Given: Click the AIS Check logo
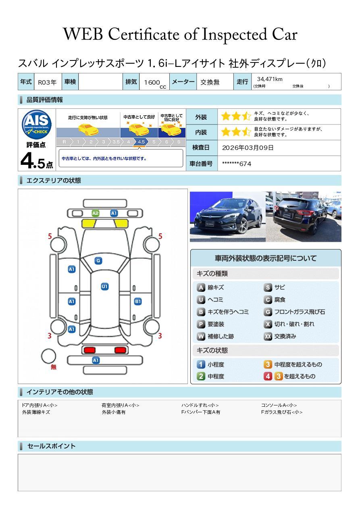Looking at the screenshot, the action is [x=37, y=125].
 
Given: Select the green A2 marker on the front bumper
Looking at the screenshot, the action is [x=96, y=213].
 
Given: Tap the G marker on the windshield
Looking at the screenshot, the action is [x=98, y=261].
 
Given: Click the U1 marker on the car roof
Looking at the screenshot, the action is [x=104, y=287].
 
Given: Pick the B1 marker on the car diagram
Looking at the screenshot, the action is [x=138, y=301].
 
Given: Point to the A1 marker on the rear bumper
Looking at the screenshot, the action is [x=96, y=360].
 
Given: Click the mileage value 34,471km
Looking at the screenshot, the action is [x=270, y=79].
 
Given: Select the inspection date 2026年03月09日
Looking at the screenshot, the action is [x=248, y=148].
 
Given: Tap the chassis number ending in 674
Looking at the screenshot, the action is [x=237, y=164].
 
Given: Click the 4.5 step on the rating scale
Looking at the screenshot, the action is [x=141, y=142].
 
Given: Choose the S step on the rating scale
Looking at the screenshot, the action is [x=179, y=142].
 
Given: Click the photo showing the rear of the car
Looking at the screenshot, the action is [x=304, y=217].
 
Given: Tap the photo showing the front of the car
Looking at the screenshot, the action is [x=228, y=217].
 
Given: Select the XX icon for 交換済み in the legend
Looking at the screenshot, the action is [x=268, y=336].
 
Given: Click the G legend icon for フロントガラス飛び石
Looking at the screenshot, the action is [x=268, y=312].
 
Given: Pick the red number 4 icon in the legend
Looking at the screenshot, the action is [x=268, y=376].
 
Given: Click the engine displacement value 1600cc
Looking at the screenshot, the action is [x=155, y=83].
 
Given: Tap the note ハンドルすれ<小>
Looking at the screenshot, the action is [x=200, y=405].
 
